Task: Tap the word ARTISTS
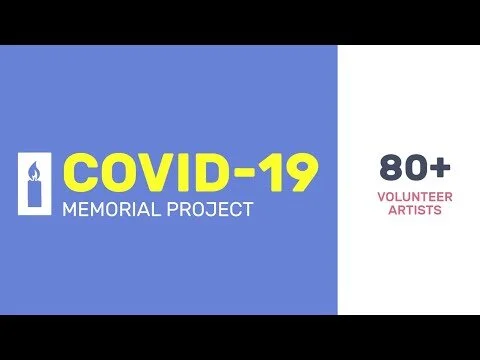(x=408, y=211)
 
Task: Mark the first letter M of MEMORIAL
(x=69, y=211)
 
